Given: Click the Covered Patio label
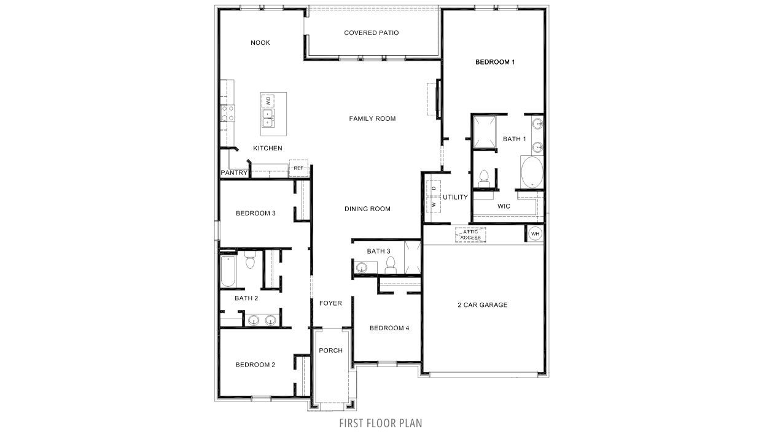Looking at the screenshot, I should [x=371, y=33].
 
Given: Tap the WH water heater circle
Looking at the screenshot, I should [x=534, y=233].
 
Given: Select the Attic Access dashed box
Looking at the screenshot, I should [x=470, y=235].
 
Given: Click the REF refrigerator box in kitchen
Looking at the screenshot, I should [x=298, y=168].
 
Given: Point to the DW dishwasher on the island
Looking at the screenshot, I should [x=268, y=100].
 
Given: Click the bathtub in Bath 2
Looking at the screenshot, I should [x=227, y=272].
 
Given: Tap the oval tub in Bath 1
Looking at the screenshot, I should [x=532, y=172].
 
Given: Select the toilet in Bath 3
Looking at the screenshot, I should [x=389, y=265].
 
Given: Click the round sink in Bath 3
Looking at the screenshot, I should [x=361, y=267].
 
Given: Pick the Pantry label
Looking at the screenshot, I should [x=234, y=173].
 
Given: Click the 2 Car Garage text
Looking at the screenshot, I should [x=483, y=304].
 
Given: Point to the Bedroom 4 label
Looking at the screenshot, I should [x=389, y=328].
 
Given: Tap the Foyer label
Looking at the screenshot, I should [x=330, y=303].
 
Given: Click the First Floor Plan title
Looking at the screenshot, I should [x=381, y=423].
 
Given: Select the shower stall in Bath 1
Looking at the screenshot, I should [x=483, y=132].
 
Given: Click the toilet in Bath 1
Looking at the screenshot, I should [x=483, y=177].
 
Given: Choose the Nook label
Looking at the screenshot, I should [x=260, y=42].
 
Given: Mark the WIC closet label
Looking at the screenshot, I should [x=504, y=206].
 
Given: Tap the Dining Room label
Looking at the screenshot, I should [x=367, y=209].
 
